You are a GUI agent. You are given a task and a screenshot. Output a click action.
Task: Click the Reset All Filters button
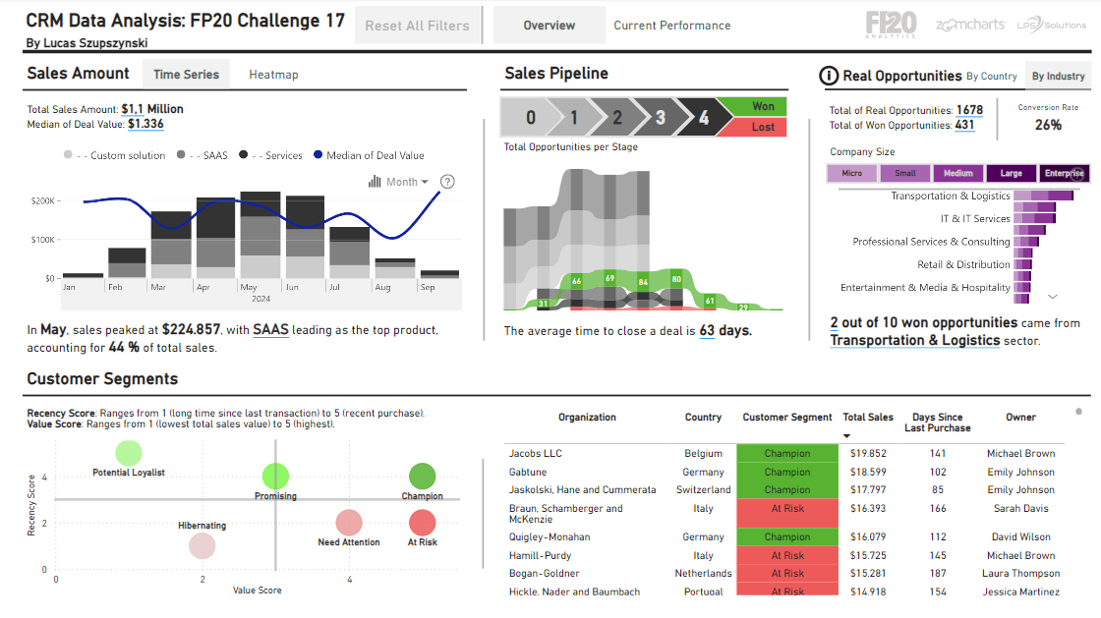pos(417,26)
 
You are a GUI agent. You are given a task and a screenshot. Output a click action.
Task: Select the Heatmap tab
pos(273,75)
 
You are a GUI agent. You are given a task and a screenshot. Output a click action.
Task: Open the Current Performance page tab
pos(671,26)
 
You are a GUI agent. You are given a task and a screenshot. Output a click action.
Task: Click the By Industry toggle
pos(1058,76)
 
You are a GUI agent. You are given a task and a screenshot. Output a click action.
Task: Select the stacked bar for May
pos(261,236)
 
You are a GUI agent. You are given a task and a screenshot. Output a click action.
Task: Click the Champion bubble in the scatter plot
pos(422,477)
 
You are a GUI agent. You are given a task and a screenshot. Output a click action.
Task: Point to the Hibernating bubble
pos(202,545)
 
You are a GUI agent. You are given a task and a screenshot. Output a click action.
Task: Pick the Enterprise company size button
pos(1064,173)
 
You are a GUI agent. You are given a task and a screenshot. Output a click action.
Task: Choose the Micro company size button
pos(851,173)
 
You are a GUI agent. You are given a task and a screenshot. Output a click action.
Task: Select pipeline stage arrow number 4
pos(703,118)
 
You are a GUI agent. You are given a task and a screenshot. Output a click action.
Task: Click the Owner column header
pos(1020,418)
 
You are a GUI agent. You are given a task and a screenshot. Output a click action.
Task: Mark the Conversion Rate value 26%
pos(1048,125)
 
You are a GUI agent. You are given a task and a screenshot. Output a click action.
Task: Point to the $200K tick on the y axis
pos(42,200)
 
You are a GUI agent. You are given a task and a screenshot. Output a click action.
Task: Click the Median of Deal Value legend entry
pos(369,155)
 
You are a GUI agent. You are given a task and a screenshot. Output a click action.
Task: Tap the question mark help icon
pos(447,182)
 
